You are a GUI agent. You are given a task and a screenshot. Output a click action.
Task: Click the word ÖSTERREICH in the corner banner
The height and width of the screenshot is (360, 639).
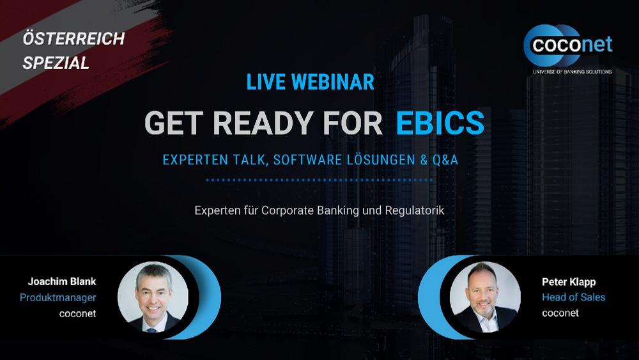73,39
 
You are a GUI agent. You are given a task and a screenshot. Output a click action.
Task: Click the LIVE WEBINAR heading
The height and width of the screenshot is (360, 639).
310,82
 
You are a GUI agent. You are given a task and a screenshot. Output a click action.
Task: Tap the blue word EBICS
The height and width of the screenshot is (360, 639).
440,122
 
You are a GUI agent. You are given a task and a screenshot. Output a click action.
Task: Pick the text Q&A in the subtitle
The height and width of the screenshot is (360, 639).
443,160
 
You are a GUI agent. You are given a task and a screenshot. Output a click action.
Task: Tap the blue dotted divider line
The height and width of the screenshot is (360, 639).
319,180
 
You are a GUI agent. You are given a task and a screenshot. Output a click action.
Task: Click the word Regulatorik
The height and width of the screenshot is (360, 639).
415,210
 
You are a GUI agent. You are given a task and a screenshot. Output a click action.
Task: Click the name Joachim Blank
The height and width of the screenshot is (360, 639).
62,281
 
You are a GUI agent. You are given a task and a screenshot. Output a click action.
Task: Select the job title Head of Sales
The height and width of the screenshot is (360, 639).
573,297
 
